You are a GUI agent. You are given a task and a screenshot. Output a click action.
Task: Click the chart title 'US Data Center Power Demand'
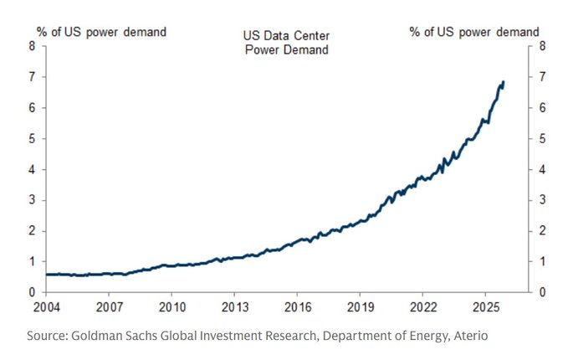pyautogui.click(x=284, y=41)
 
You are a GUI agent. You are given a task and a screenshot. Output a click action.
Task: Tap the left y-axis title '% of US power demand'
pyautogui.click(x=101, y=32)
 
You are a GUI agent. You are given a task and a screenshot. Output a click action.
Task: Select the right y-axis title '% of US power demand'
pyautogui.click(x=474, y=32)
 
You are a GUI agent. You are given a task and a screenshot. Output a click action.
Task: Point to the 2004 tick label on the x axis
pyautogui.click(x=46, y=307)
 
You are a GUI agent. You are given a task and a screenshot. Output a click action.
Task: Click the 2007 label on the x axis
pyautogui.click(x=109, y=307)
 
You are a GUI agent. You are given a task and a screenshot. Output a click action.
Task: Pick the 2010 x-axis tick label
pyautogui.click(x=171, y=307)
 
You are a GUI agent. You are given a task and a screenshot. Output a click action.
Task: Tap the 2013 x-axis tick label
pyautogui.click(x=234, y=307)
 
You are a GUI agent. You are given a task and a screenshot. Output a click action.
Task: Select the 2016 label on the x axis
pyautogui.click(x=297, y=307)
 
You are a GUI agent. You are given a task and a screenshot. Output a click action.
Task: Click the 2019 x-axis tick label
pyautogui.click(x=360, y=307)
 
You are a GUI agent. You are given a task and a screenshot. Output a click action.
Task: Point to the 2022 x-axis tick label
pyautogui.click(x=422, y=307)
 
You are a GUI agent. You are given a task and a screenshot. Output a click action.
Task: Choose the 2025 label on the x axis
pyautogui.click(x=485, y=307)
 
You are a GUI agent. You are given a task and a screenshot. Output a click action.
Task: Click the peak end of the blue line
pyautogui.click(x=503, y=82)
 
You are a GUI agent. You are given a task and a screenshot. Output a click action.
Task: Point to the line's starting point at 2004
pyautogui.click(x=47, y=274)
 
